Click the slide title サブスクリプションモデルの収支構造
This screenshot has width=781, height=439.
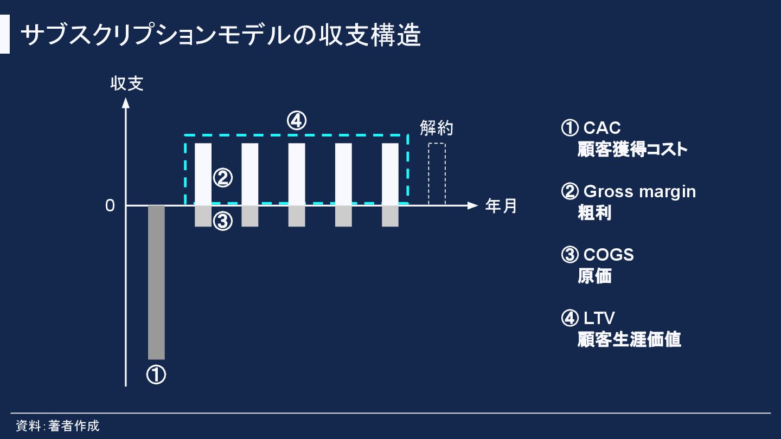click(x=220, y=36)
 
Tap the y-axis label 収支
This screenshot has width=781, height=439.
click(x=127, y=83)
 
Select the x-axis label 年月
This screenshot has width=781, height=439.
click(x=501, y=206)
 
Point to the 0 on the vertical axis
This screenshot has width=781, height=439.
click(x=110, y=206)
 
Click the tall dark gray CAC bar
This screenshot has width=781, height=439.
click(x=156, y=282)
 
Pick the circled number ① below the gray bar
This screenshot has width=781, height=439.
click(x=156, y=375)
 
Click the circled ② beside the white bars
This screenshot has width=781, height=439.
click(x=222, y=178)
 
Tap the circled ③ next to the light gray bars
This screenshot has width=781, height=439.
click(x=222, y=221)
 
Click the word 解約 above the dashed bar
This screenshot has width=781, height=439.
click(x=437, y=128)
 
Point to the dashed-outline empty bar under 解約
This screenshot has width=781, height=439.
click(x=437, y=174)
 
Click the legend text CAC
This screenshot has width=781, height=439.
click(x=602, y=128)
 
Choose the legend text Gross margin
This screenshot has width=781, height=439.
click(x=639, y=191)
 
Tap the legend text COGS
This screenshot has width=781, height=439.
click(x=609, y=255)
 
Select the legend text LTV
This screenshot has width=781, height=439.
click(x=599, y=318)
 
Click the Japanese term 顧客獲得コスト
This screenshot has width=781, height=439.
click(x=632, y=150)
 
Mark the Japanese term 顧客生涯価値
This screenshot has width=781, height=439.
click(x=629, y=340)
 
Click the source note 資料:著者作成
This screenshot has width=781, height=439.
click(x=57, y=425)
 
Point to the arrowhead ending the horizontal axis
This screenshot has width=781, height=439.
click(x=472, y=205)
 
